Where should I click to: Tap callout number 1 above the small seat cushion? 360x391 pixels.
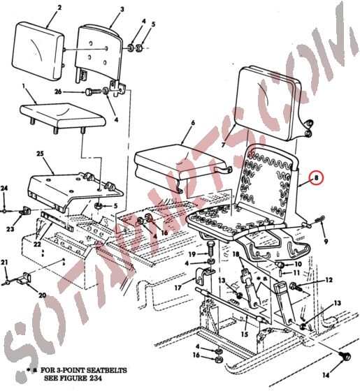pos(24,87)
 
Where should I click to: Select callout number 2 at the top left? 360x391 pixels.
pos(59,8)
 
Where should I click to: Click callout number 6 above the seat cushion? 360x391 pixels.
pos(192,123)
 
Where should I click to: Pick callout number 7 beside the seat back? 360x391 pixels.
pos(224,145)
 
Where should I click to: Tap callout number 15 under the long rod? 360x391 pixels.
pos(245,333)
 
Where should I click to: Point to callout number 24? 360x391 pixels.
pos(3,189)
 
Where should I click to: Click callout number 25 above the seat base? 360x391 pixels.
pos(41,154)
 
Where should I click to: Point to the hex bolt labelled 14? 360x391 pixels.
pos(344,358)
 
